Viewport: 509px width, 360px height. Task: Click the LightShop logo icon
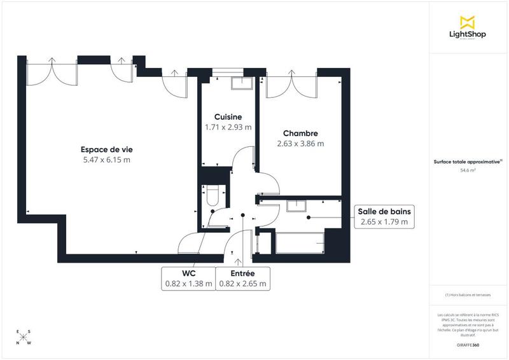468,22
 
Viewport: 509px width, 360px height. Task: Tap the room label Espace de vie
106,149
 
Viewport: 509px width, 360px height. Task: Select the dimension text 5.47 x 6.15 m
106,160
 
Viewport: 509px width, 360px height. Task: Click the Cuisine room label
228,117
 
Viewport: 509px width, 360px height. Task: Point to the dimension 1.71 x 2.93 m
228,127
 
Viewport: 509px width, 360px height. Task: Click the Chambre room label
300,134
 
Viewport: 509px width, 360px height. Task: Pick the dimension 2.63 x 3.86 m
300,144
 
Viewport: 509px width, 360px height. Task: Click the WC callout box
188,279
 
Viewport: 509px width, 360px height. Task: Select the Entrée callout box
242,279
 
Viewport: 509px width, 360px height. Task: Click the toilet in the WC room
212,194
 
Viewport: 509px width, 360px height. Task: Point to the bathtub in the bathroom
299,243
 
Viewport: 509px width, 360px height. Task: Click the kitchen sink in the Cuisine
241,83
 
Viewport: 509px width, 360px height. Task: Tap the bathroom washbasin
296,205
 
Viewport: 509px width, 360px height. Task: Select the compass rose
24,336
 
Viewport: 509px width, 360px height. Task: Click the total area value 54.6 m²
468,170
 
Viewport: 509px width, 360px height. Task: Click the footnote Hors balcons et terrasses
468,294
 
